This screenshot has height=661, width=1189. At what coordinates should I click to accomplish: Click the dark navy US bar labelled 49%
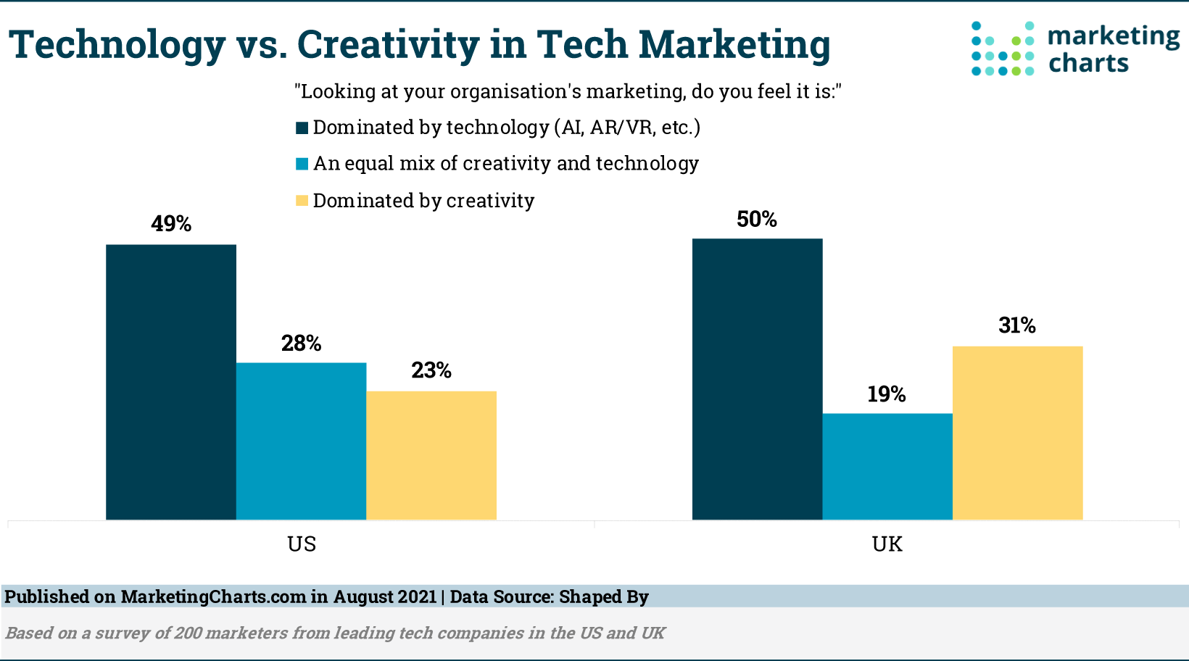pyautogui.click(x=171, y=382)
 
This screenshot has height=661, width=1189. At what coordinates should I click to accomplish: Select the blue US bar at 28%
pyautogui.click(x=301, y=441)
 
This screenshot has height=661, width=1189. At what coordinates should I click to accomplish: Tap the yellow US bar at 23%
pyautogui.click(x=431, y=455)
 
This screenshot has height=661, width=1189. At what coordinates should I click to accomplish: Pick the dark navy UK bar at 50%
pyautogui.click(x=757, y=379)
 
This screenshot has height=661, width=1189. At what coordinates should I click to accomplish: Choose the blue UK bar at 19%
pyautogui.click(x=887, y=466)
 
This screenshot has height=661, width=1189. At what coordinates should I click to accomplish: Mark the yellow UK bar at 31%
pyautogui.click(x=1017, y=433)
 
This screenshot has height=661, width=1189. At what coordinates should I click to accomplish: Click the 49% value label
pyautogui.click(x=171, y=224)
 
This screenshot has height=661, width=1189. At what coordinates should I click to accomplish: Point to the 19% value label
pyautogui.click(x=887, y=394)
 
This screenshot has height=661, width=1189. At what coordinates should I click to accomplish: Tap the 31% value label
pyautogui.click(x=1017, y=325)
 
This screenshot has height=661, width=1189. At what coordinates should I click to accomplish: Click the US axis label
pyautogui.click(x=302, y=544)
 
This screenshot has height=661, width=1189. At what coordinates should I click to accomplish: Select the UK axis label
pyautogui.click(x=887, y=544)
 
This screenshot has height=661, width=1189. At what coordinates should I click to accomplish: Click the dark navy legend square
pyautogui.click(x=302, y=128)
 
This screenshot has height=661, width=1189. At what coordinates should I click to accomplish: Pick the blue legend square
pyautogui.click(x=302, y=165)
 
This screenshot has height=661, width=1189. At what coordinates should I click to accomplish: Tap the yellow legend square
pyautogui.click(x=302, y=201)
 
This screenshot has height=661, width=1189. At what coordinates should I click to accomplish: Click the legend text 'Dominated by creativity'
pyautogui.click(x=423, y=201)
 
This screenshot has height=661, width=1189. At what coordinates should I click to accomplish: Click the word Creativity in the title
pyautogui.click(x=388, y=44)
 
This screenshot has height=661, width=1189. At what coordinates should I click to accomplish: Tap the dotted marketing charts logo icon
pyautogui.click(x=1003, y=49)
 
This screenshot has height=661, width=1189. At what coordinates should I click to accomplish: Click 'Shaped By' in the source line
pyautogui.click(x=603, y=597)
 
